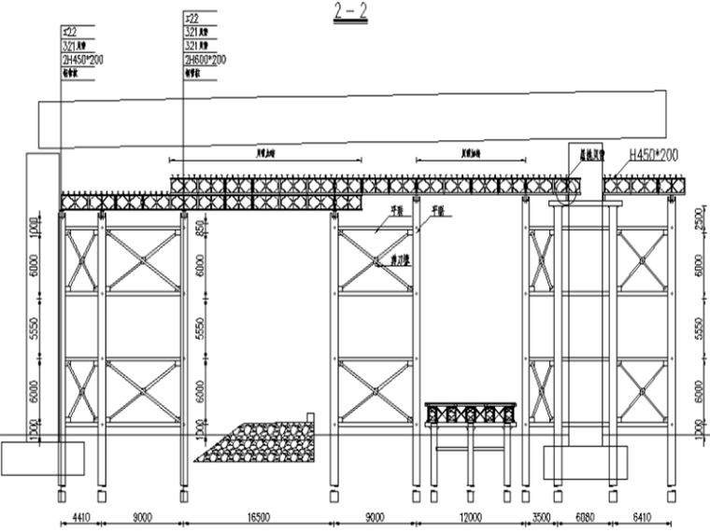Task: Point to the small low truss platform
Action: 470,413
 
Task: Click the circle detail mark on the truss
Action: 566,189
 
